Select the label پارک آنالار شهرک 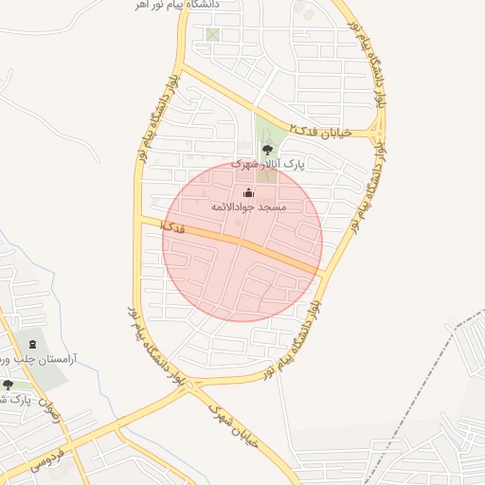pyautogui.click(x=268, y=164)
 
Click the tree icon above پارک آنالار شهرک pyautogui.click(x=268, y=148)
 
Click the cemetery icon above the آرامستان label pyautogui.click(x=34, y=344)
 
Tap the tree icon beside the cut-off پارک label pyautogui.click(x=9, y=385)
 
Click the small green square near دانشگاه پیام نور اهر pyautogui.click(x=212, y=35)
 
